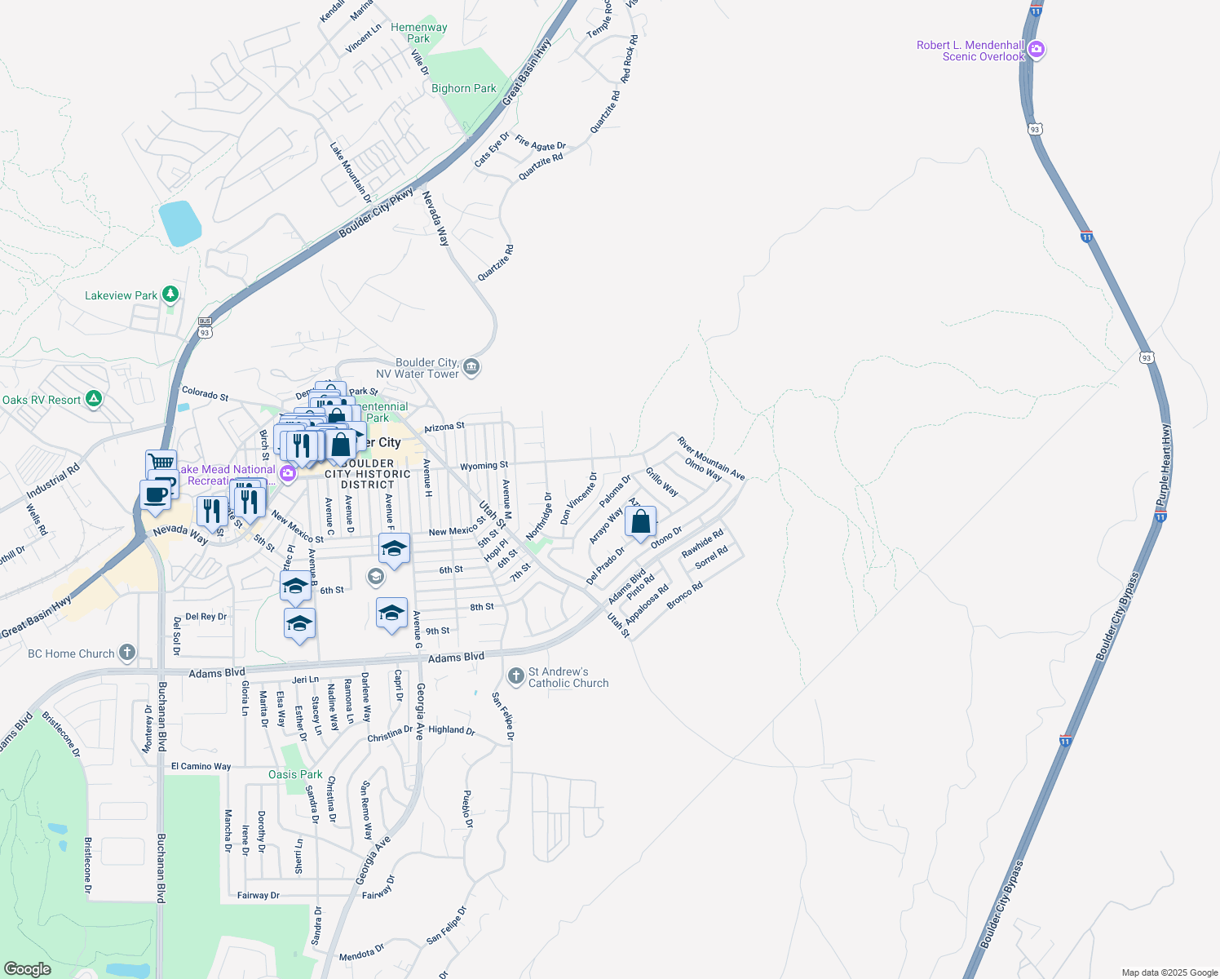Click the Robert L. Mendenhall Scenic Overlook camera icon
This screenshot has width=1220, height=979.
1036,50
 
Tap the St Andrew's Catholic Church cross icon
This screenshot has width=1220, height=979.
515,676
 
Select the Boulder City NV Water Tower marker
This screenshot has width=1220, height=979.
471,368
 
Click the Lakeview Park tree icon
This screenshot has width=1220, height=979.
170,294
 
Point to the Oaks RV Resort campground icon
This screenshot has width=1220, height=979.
94,399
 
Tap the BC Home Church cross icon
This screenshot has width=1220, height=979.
126,653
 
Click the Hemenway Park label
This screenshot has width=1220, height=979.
418,33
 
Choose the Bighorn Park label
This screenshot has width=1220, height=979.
463,88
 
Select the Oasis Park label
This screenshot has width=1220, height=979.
295,774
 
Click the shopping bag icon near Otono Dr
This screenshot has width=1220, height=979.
641,522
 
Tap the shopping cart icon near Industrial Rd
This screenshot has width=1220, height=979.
161,463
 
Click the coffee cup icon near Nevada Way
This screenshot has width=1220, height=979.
155,494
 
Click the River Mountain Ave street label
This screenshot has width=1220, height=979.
711,458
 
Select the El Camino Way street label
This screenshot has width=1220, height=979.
201,766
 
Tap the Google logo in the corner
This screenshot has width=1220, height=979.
28,968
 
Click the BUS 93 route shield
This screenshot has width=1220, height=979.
205,328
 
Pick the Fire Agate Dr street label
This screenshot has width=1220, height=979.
540,144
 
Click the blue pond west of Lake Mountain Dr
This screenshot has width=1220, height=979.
180,223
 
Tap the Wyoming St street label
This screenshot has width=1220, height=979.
484,466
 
